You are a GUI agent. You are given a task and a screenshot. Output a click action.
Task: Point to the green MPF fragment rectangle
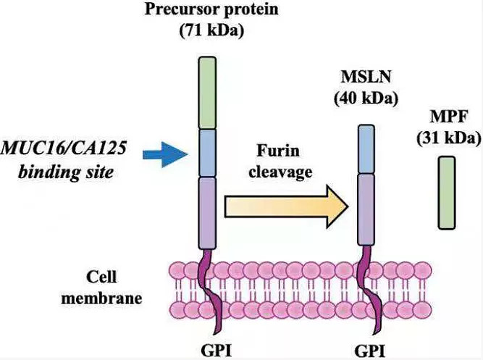point(447,193)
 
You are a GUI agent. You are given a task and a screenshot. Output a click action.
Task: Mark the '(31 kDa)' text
point(448,138)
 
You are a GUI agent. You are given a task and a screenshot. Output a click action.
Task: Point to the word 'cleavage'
point(282,172)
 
